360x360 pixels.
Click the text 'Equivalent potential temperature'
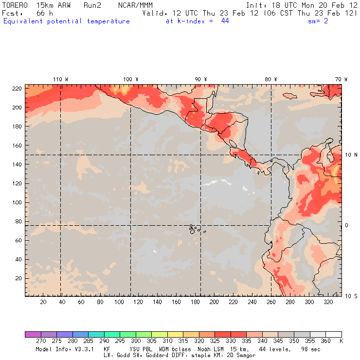pos(67,21)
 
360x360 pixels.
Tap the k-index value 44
pos(225,21)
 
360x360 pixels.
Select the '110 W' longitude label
pos(60,79)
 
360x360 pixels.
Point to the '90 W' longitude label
pos(201,79)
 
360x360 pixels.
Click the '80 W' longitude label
pos(271,79)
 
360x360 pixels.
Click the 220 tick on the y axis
pos(17,88)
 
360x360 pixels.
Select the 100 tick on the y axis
pos(17,202)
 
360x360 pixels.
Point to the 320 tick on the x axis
pos(328,302)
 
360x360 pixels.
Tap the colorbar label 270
pos(40,341)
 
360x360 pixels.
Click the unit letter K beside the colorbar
pos(341,341)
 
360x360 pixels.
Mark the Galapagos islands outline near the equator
pos(195,228)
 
